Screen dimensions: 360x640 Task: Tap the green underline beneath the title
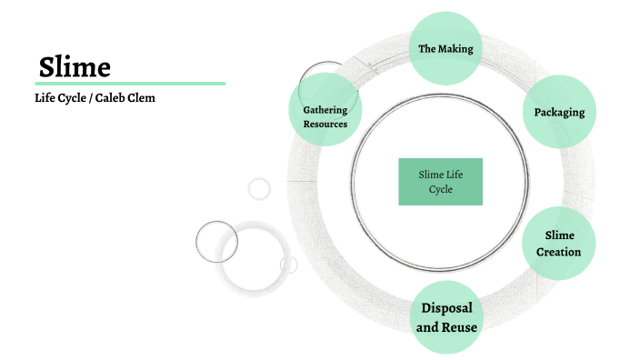click(x=130, y=84)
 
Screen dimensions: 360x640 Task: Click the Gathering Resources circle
click(x=325, y=116)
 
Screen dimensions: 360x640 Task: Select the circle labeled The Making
click(x=445, y=48)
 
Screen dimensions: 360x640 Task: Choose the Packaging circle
click(x=559, y=113)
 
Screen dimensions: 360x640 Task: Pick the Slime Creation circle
click(x=559, y=244)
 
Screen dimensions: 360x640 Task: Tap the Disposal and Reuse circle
click(x=446, y=317)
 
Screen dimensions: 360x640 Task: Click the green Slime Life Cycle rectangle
click(x=440, y=181)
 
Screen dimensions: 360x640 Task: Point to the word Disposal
click(x=446, y=307)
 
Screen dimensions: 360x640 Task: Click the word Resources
click(x=325, y=124)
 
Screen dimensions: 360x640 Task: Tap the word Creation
click(x=559, y=252)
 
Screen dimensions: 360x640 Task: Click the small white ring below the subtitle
click(x=259, y=188)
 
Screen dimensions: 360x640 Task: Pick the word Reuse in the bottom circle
click(x=460, y=327)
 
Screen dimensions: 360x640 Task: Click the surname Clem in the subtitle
click(x=142, y=97)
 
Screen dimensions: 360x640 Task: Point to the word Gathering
click(x=325, y=109)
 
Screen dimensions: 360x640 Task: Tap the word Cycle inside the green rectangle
click(x=441, y=190)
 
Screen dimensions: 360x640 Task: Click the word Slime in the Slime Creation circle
click(x=559, y=235)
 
